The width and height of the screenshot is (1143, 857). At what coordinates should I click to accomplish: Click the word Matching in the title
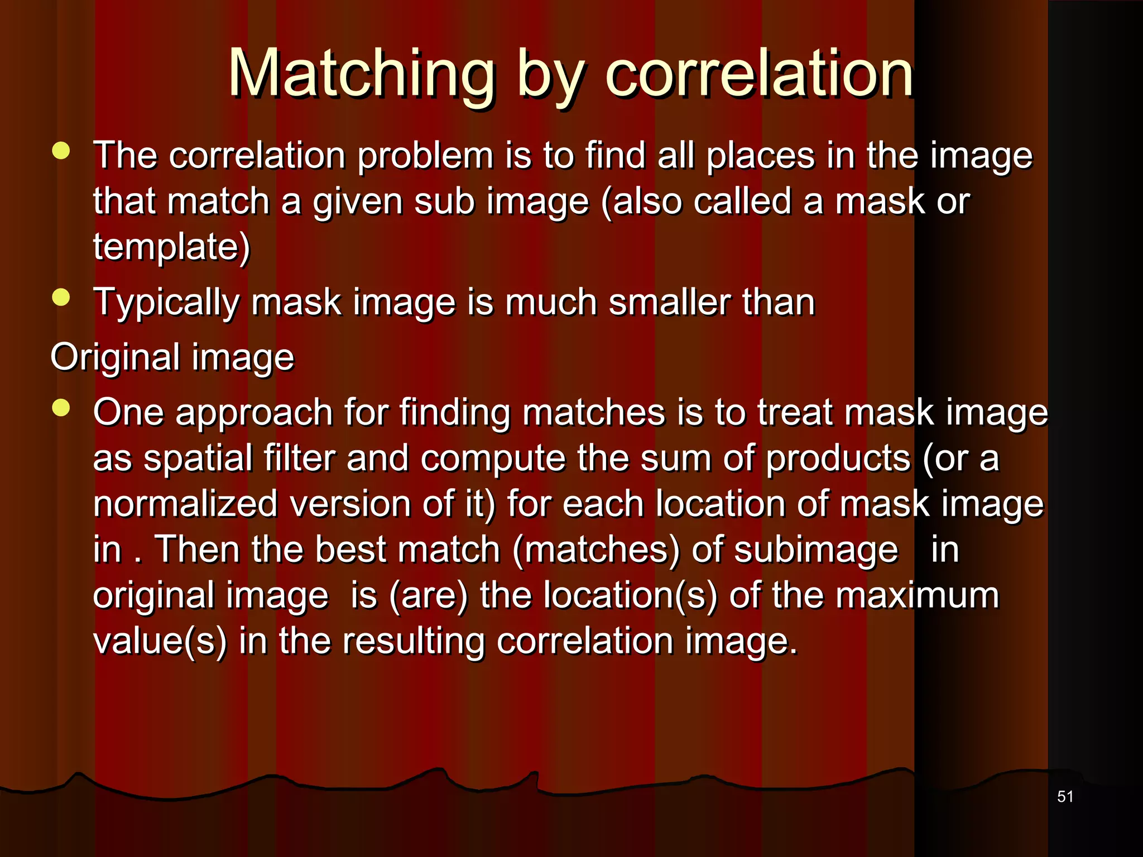pos(361,74)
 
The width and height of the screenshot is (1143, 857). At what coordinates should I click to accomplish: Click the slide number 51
pos(1065,797)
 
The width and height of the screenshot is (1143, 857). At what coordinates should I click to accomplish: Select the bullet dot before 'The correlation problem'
pos(61,151)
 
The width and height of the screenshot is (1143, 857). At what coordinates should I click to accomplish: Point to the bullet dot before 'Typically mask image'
pos(61,297)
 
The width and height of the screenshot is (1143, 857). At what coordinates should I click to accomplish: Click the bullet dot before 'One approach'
pos(61,408)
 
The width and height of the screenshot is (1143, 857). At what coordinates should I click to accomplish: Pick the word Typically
pos(166,303)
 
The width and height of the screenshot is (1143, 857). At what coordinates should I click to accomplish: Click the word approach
pos(254,413)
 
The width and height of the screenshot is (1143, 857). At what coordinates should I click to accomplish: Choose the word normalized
pos(185,504)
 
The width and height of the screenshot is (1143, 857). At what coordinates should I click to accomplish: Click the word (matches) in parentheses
pos(596,550)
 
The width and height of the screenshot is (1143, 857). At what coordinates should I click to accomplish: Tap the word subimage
pos(815,550)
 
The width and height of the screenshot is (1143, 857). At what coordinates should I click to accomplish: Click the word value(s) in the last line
pos(160,641)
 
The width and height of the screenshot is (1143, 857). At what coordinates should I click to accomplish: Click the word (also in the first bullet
pos(641,201)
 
